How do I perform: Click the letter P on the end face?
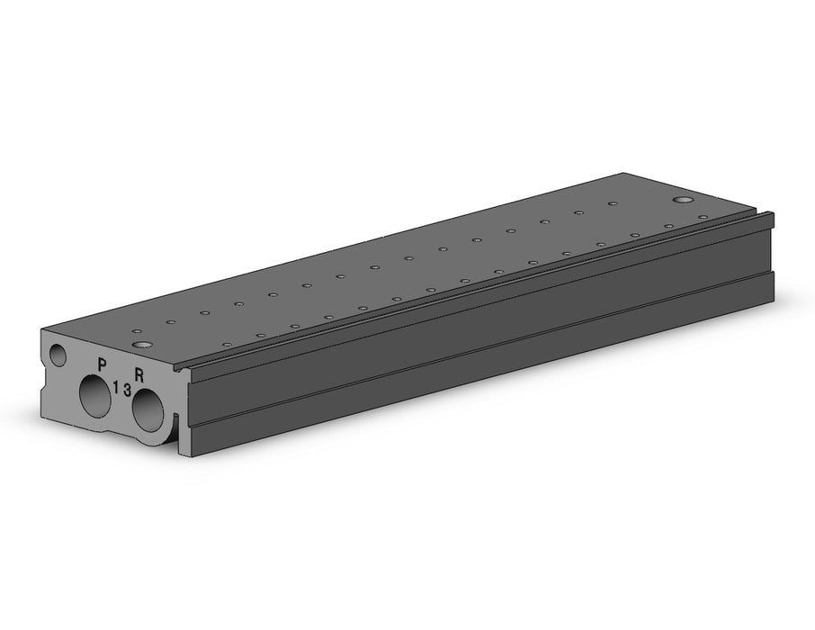click(x=102, y=364)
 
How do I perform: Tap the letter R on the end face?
click(x=139, y=373)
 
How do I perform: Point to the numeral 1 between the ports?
click(x=116, y=386)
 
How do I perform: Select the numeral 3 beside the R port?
click(x=128, y=391)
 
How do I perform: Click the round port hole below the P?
click(x=95, y=396)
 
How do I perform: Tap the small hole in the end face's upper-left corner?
click(x=58, y=355)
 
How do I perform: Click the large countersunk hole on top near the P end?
click(x=141, y=345)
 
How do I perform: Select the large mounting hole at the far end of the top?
click(x=684, y=199)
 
